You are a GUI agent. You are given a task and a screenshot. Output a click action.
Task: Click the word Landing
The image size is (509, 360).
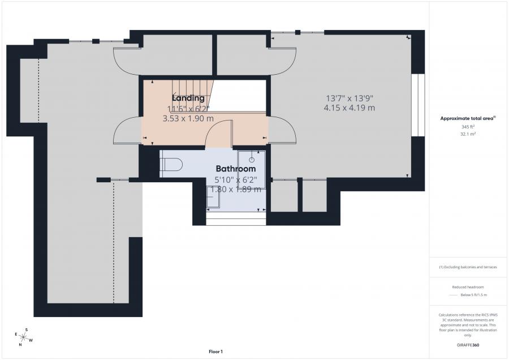coord(188,98)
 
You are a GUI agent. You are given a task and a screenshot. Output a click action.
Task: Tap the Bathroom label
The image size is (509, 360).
coord(236,169)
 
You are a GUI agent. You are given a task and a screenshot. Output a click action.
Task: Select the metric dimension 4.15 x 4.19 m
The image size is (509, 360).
coord(349,108)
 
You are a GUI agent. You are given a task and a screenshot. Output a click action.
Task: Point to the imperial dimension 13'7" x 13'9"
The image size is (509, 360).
coord(349,97)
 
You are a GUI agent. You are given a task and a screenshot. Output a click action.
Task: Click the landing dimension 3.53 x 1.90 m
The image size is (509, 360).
coord(188,118)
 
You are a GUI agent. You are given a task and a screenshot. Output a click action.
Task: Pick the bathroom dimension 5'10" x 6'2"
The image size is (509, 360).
coord(236,179)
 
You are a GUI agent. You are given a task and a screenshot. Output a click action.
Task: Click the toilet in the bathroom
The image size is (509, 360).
coord(171,164)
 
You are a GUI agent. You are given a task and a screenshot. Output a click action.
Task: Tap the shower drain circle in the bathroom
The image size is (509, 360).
coord(252,160)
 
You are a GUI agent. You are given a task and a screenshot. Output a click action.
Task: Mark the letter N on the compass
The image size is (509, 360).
coord(20,344)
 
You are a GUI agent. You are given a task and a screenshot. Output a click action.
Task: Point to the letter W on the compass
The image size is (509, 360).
coord(31,340)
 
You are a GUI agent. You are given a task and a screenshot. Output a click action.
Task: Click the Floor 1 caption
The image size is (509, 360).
coord(215,352)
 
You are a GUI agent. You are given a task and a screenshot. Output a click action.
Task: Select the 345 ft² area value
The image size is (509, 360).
coord(468,127)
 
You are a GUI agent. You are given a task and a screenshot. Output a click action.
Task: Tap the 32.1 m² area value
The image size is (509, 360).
coord(468,135)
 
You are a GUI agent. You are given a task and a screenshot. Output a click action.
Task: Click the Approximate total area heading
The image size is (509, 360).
coord(467,118)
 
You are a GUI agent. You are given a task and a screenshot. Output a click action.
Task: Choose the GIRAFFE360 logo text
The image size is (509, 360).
coord(468,345)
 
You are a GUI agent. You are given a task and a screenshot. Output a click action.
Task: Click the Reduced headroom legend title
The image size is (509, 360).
coord(468,288)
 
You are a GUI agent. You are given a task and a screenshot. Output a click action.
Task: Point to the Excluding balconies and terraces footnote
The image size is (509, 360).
coord(468,267)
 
